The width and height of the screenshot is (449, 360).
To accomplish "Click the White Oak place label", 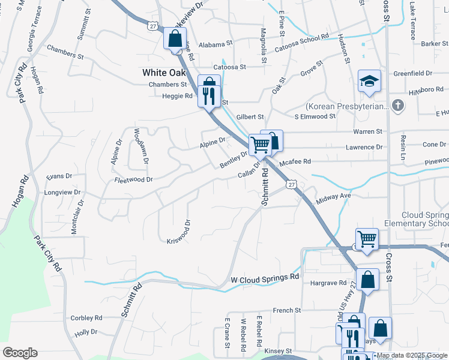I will click(164, 72).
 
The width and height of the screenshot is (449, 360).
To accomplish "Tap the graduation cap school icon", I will click(369, 80).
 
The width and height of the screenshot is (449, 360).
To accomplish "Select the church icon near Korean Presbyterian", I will click(397, 106).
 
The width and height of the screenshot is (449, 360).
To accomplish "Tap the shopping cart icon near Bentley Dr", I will click(259, 144).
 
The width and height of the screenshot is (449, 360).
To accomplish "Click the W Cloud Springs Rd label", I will click(265, 279).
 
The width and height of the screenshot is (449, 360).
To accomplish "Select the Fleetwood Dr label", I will click(133, 179).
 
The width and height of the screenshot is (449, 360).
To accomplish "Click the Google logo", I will click(20, 353).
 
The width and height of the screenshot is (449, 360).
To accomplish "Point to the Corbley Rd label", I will click(86, 318).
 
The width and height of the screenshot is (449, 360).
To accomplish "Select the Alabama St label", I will click(215, 44).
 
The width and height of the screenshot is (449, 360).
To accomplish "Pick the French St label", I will click(286, 310).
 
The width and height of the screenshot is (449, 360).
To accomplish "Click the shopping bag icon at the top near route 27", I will click(175, 40).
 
